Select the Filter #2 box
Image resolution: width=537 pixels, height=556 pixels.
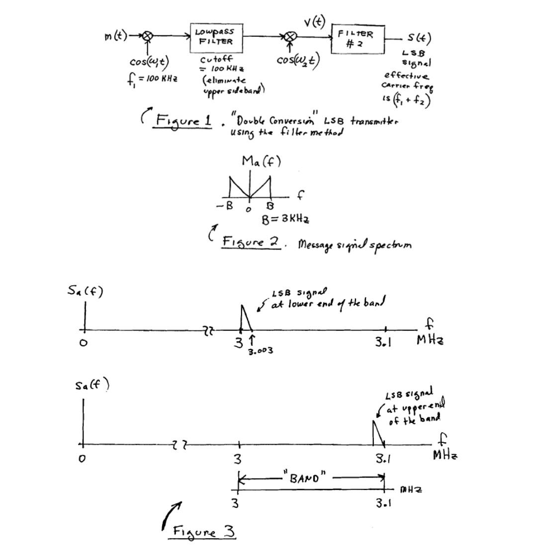tap(358, 38)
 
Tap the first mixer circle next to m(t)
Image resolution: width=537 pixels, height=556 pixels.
tap(147, 36)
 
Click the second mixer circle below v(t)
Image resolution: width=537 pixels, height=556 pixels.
tap(293, 36)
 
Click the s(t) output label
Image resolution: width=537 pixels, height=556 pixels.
tap(419, 38)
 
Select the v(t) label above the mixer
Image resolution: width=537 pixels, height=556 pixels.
tap(314, 21)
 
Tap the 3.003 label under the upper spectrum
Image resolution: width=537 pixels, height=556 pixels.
tap(260, 351)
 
